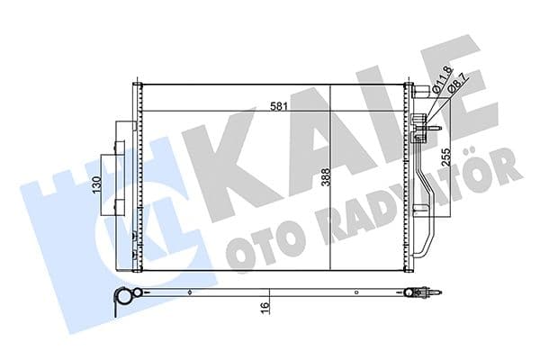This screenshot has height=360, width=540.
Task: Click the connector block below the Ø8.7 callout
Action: pos(418,131)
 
